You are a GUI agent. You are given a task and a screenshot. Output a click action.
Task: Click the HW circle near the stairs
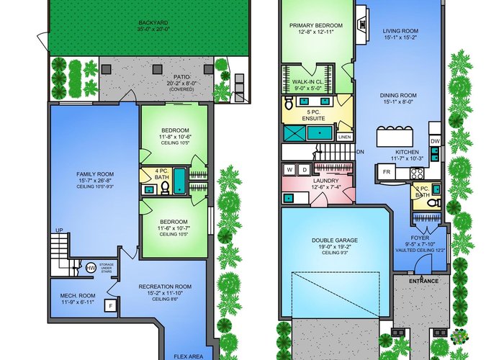91,268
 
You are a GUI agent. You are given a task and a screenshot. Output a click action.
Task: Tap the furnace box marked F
111,306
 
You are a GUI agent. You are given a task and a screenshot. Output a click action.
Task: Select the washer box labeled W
289,169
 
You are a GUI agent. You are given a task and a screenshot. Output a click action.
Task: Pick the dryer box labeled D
304,169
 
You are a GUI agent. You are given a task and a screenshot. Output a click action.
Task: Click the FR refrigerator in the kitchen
387,172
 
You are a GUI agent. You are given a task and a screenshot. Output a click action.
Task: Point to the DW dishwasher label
435,141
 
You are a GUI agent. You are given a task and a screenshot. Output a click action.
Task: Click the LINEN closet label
344,138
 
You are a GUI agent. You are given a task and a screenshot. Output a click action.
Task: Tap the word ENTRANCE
423,281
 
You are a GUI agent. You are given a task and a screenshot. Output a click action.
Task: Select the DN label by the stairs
360,152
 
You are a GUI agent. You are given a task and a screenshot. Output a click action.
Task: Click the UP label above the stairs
59,230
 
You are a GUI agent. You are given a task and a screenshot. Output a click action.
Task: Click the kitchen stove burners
417,174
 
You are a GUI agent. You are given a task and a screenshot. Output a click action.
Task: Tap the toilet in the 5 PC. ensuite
288,103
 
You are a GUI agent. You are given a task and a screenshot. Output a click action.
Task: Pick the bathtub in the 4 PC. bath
179,181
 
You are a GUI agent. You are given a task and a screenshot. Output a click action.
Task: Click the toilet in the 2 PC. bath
435,203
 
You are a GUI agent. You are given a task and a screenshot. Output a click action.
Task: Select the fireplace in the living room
362,24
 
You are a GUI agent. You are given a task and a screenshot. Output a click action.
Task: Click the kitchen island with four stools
395,136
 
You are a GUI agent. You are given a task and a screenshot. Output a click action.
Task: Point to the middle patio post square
157,69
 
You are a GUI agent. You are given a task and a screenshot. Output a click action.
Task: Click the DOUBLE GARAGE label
335,240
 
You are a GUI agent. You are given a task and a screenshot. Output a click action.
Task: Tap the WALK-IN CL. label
307,82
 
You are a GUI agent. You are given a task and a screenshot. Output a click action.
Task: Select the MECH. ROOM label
78,296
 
